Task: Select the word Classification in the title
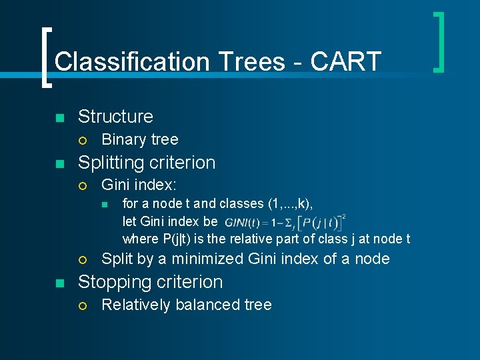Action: [x=131, y=61]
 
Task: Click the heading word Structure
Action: [x=115, y=117]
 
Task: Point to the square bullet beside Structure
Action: [x=59, y=118]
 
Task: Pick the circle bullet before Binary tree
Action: [x=82, y=140]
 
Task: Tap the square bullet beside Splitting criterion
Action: [x=59, y=164]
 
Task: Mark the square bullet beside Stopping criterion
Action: [x=59, y=283]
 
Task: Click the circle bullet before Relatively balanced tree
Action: [x=82, y=305]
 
